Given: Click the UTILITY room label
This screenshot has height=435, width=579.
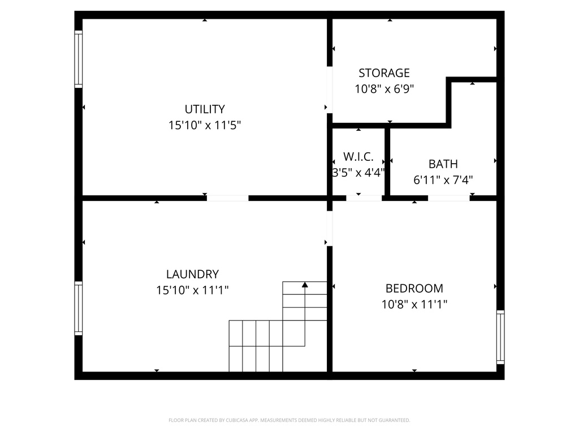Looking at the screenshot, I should click(x=205, y=109).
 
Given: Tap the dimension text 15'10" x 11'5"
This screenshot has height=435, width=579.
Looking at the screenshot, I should click(x=205, y=125).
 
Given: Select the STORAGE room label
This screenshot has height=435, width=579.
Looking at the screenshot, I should click(x=384, y=73).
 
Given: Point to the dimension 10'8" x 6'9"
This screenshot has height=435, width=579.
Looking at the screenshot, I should click(x=384, y=89).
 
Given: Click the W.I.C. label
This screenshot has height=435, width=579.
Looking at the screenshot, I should click(x=358, y=156).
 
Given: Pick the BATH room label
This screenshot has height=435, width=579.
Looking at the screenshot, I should click(x=443, y=164).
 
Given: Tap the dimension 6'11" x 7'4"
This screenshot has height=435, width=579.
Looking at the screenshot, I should click(x=443, y=180).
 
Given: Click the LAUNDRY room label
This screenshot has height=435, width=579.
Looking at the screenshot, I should click(x=192, y=274).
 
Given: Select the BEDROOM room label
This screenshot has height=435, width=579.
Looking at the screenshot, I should click(x=414, y=288).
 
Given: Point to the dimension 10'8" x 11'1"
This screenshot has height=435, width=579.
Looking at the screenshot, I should click(x=414, y=304).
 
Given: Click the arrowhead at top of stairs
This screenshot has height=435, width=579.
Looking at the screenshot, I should click(x=305, y=285).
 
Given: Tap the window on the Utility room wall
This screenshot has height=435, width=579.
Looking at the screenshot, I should click(x=79, y=59).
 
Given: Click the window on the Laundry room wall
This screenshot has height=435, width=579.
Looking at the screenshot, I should click(x=79, y=308).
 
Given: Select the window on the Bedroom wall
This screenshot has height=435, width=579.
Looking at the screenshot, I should click(x=500, y=336).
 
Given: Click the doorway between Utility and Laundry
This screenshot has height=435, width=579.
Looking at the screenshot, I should click(x=227, y=198).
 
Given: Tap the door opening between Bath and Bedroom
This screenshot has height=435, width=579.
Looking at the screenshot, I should click(x=448, y=198).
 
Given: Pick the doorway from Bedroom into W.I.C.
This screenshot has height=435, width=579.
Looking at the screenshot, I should click(x=364, y=198).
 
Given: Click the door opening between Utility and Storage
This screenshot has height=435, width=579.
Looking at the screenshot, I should click(x=330, y=89).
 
